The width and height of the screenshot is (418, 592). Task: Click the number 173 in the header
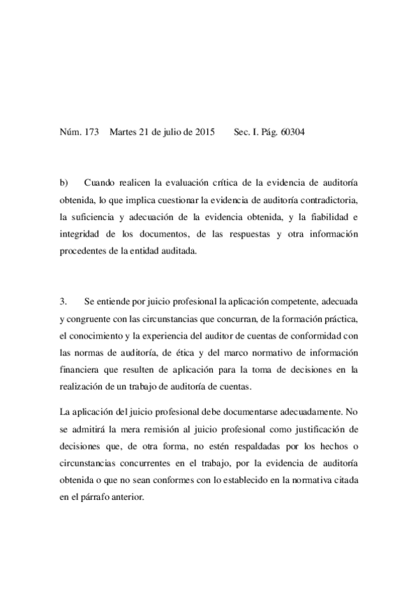point(92,131)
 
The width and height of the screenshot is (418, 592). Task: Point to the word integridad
point(82,235)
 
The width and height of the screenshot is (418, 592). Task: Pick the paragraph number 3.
point(64,303)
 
